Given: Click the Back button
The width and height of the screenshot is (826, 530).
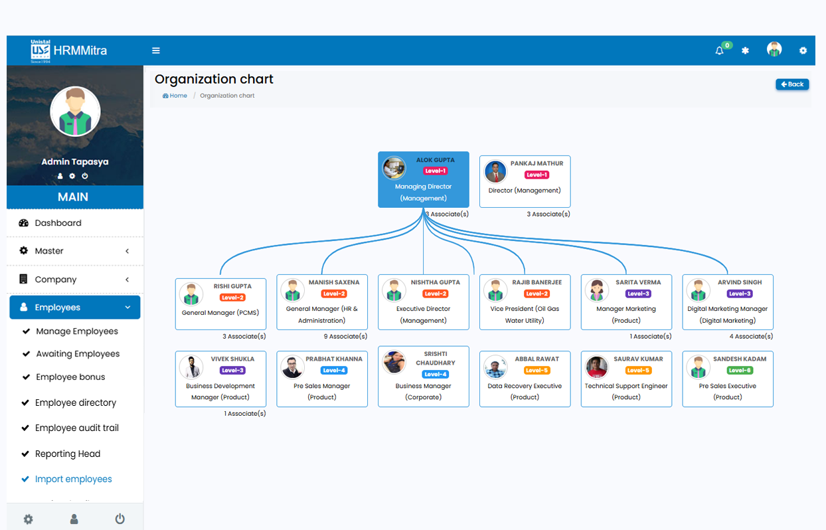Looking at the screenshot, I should coord(792,84).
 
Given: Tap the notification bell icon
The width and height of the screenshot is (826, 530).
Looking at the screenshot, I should coord(719,50).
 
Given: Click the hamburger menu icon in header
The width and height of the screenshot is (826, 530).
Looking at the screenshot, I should coord(156,50).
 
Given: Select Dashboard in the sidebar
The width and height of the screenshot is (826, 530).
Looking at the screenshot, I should coord(58,223).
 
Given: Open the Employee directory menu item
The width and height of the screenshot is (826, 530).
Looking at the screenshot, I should coord(75,402).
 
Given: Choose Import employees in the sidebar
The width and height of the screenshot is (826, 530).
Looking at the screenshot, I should coord(73,479).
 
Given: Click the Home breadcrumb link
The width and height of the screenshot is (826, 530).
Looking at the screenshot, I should coord(175,96).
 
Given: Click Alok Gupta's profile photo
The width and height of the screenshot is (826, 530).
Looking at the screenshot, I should coord(394,168).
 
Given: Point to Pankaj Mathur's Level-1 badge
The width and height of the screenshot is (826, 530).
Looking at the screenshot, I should coord(537,175).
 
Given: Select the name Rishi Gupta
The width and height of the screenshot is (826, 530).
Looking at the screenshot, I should coord(232,286).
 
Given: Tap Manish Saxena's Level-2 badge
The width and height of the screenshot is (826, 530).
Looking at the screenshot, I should coord(333,294).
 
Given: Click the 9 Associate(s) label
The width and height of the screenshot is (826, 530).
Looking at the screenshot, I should coord(345,337).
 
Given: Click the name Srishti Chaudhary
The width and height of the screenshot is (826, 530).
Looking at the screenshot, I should coord(436,359).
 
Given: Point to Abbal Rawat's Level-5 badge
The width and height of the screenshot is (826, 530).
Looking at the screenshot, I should coord(537,371).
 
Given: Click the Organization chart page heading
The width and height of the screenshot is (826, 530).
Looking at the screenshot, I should coord(214,79).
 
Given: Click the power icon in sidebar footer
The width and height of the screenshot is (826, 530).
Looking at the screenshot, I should coord(120,519).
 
